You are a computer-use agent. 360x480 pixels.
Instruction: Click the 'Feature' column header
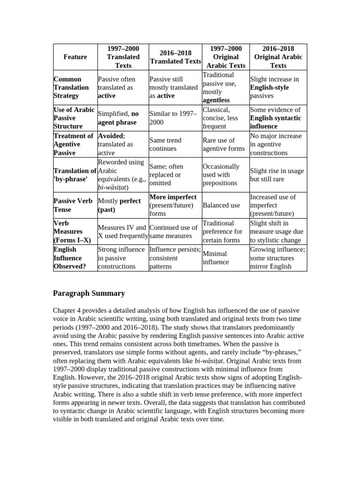coord(75,57)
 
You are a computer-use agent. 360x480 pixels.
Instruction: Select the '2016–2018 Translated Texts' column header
coord(175,57)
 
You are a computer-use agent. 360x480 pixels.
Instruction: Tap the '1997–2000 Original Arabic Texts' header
coord(226,57)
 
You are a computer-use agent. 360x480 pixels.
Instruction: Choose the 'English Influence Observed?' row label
coord(68,258)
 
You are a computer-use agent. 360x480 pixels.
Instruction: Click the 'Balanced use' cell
coord(221,205)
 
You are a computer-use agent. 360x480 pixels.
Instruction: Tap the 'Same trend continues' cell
coord(165,144)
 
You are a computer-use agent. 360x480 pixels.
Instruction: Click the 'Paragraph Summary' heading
coord(89,293)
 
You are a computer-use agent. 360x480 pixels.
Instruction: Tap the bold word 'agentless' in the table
coord(216,100)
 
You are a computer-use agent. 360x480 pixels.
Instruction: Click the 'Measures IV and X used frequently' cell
coord(122,232)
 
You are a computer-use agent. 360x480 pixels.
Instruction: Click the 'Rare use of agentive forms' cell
coord(224,144)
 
